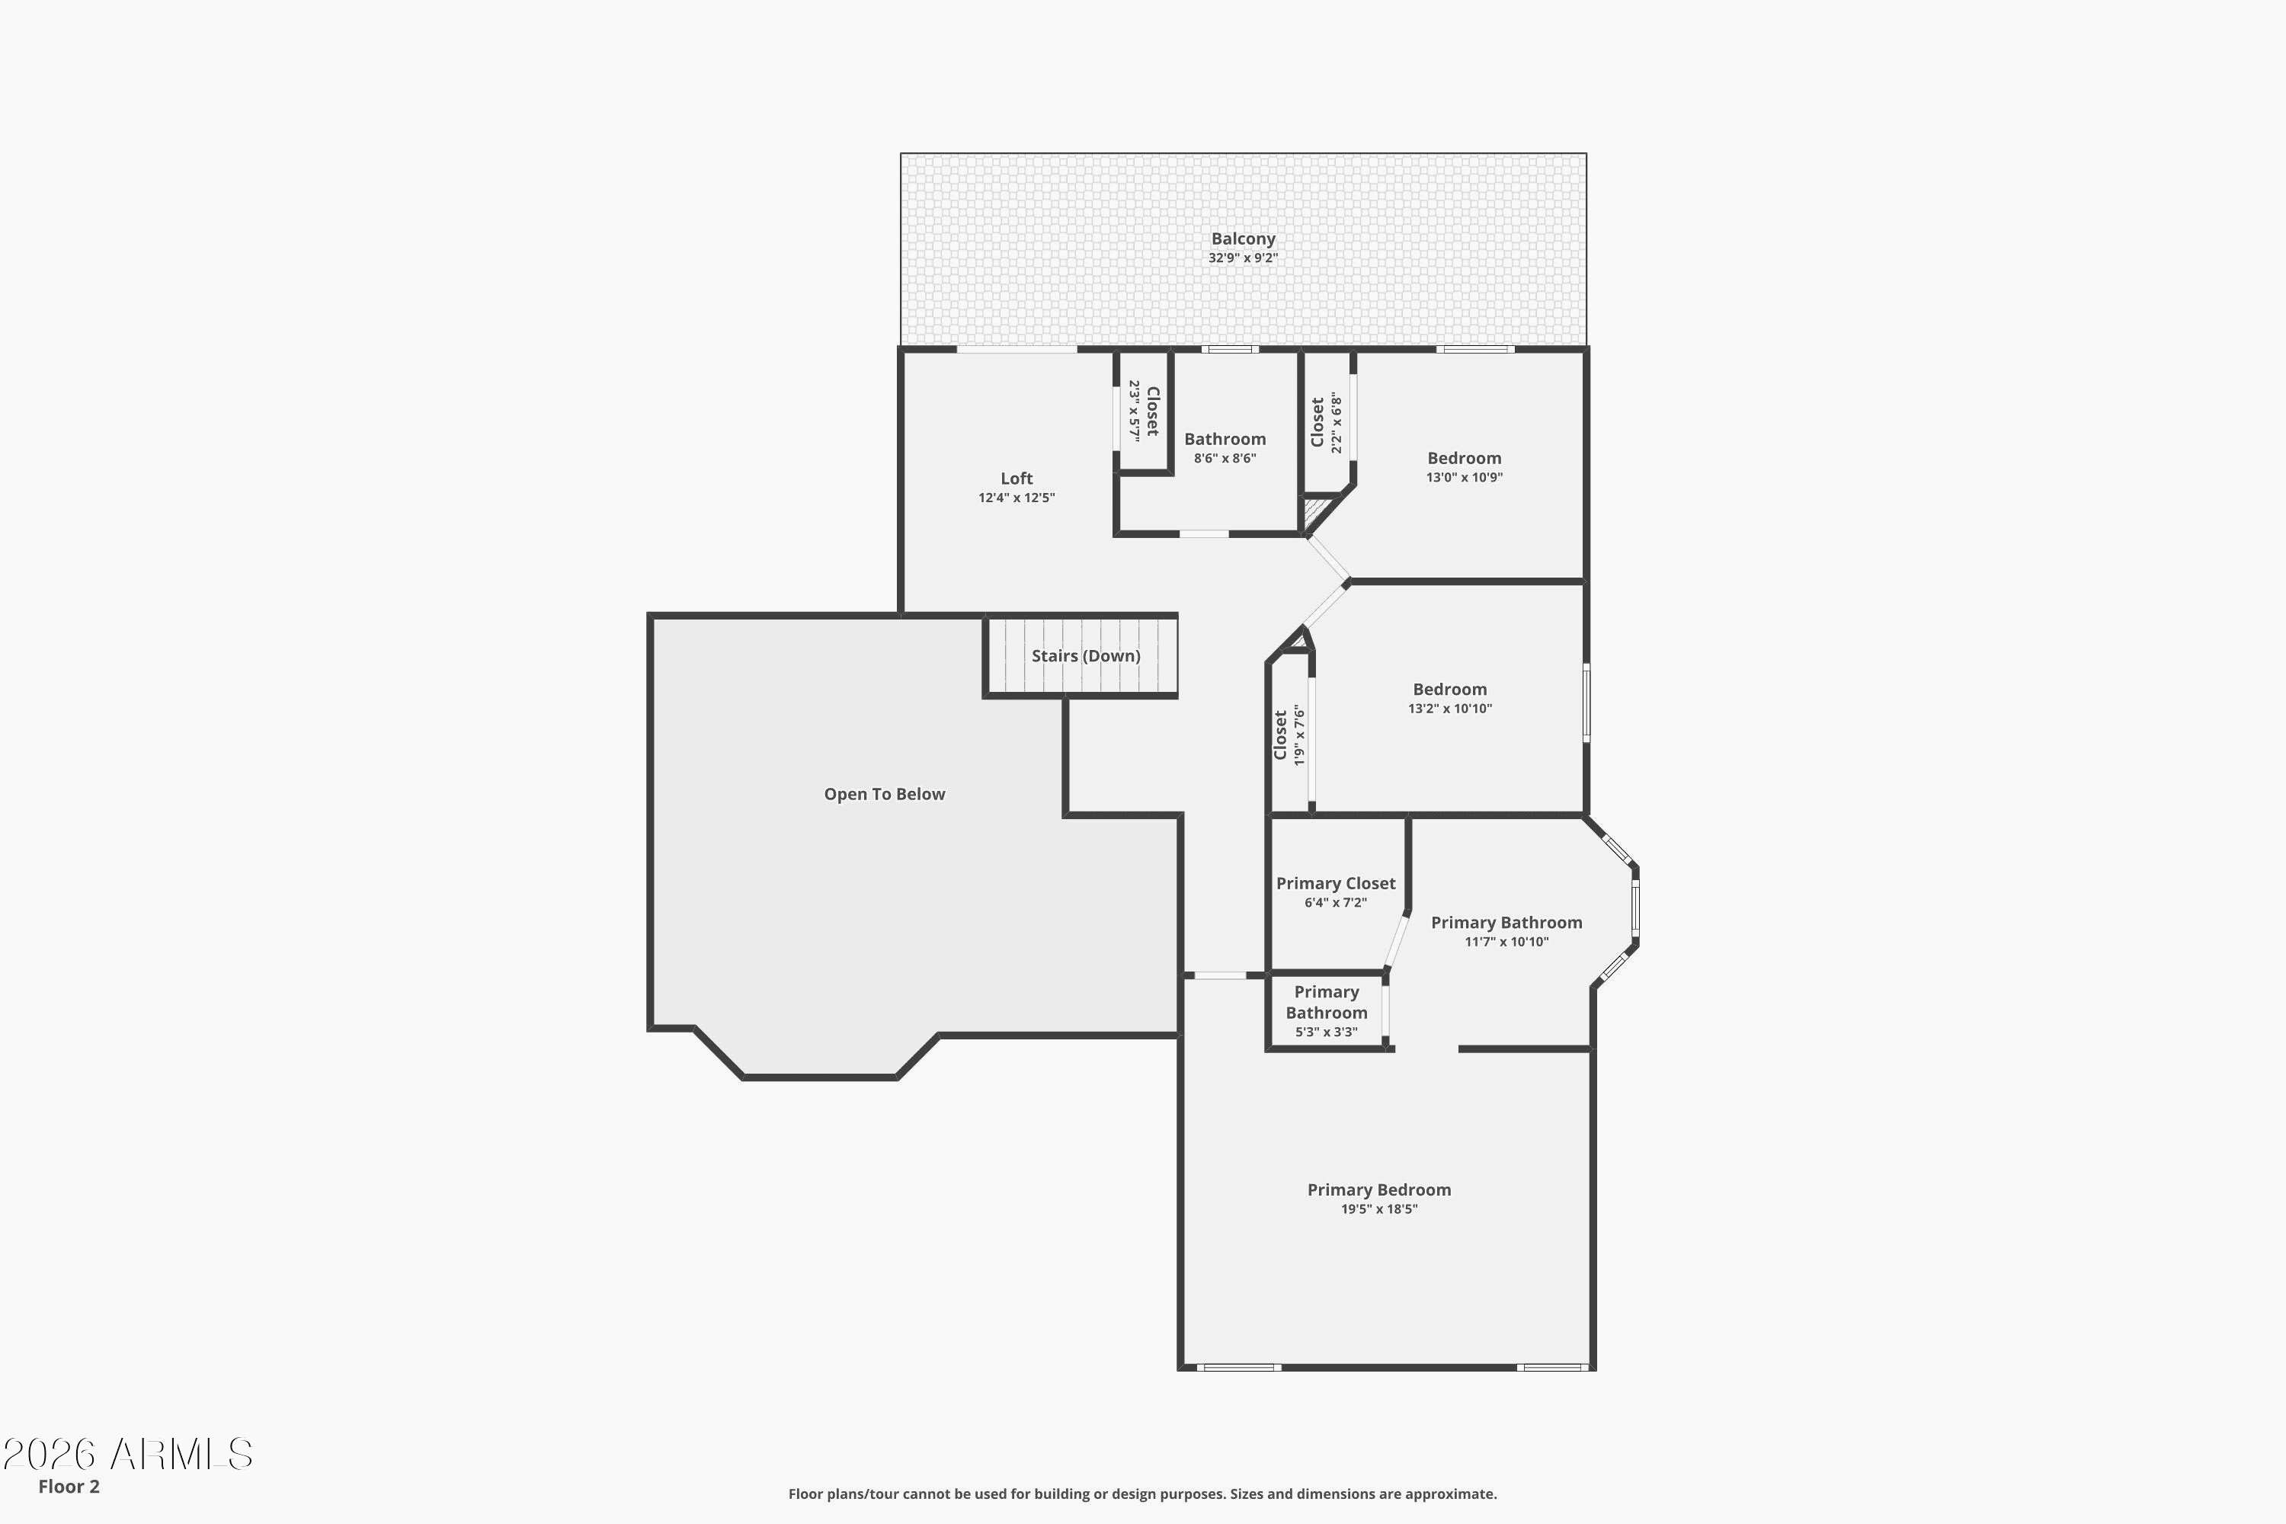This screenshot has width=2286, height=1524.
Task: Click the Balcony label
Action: pyautogui.click(x=1242, y=238)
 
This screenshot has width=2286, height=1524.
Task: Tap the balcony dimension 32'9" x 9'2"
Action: pyautogui.click(x=1242, y=258)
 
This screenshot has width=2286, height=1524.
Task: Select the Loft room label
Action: pyautogui.click(x=1016, y=479)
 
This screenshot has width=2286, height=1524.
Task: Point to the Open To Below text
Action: pyautogui.click(x=883, y=794)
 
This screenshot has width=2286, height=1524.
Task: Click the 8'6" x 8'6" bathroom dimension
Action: pyautogui.click(x=1225, y=459)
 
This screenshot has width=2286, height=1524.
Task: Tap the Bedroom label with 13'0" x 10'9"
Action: pyautogui.click(x=1464, y=458)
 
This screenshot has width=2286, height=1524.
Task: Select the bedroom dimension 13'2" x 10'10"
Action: pyautogui.click(x=1449, y=709)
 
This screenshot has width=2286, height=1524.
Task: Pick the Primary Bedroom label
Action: pyautogui.click(x=1378, y=1189)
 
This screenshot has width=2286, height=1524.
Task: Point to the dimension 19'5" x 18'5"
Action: pyautogui.click(x=1378, y=1209)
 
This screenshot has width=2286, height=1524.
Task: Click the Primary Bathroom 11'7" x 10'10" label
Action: pyautogui.click(x=1506, y=922)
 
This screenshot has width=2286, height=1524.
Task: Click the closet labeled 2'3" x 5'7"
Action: pyautogui.click(x=1151, y=411)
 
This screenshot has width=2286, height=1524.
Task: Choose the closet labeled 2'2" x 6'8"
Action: pyautogui.click(x=1317, y=422)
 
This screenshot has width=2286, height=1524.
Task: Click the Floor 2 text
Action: pyautogui.click(x=69, y=1486)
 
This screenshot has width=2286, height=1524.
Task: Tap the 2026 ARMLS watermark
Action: pyautogui.click(x=127, y=1455)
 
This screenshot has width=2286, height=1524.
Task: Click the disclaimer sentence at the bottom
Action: pyautogui.click(x=1142, y=1494)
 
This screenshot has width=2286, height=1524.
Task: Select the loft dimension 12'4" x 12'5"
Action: pyautogui.click(x=1016, y=498)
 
